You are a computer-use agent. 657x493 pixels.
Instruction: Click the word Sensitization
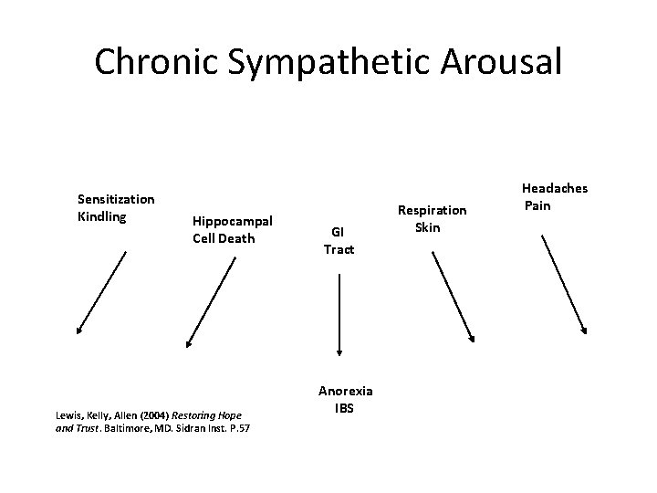tap(116, 199)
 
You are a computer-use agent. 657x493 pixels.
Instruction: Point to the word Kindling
tap(102, 216)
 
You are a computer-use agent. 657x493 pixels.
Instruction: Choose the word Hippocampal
tap(233, 221)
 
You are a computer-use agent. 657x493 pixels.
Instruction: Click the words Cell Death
tap(224, 238)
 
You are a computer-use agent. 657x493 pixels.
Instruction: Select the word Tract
tap(339, 249)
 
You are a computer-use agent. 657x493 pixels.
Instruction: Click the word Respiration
tap(432, 210)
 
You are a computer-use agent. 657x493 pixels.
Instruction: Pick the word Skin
tap(427, 226)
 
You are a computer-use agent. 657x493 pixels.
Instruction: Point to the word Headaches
tap(555, 189)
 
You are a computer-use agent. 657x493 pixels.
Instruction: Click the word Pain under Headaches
tap(537, 205)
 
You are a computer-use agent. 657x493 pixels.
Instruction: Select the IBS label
tap(343, 408)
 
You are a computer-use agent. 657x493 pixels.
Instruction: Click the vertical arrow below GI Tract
tap(339, 315)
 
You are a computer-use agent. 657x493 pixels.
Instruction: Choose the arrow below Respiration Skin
tap(453, 296)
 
